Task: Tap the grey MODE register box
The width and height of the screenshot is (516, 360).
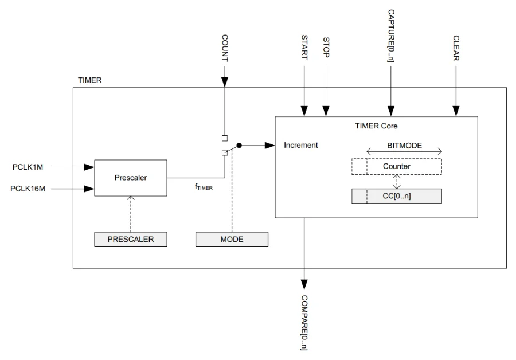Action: pos(231,240)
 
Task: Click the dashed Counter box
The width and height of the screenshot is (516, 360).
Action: pos(397,166)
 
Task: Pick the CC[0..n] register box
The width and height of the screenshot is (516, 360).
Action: pos(397,196)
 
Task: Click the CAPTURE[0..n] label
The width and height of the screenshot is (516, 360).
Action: pos(391,35)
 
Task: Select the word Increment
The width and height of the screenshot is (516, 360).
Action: pos(301,146)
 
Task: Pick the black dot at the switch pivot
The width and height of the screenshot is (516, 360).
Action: pos(240,146)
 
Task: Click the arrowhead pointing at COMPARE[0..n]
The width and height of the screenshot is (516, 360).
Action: pos(304,284)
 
